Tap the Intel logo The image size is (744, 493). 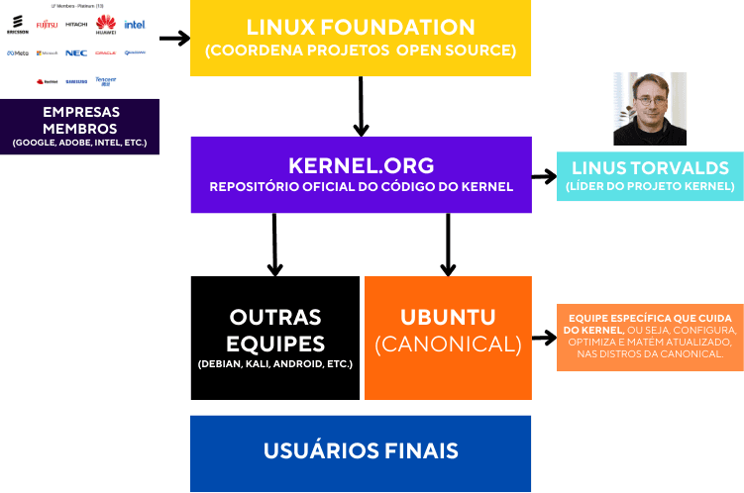point(135,24)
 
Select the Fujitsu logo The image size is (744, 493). point(47,24)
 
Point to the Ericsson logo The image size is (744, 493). point(17,24)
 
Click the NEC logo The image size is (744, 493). point(76,52)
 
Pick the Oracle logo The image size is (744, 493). point(106,52)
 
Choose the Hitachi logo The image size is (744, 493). point(76,24)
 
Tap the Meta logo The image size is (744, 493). point(17,52)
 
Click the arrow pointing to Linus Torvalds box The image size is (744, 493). point(544,176)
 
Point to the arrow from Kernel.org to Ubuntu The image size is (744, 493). point(448,244)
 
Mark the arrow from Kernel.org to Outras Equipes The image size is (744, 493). point(274,244)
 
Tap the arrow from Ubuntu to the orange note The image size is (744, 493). point(544,338)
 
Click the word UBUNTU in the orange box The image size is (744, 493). point(448,318)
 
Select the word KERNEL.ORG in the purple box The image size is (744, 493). point(361,164)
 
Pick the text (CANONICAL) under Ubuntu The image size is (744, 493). point(448,345)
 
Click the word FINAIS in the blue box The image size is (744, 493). point(416,451)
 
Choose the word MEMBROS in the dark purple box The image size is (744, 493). point(79,129)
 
